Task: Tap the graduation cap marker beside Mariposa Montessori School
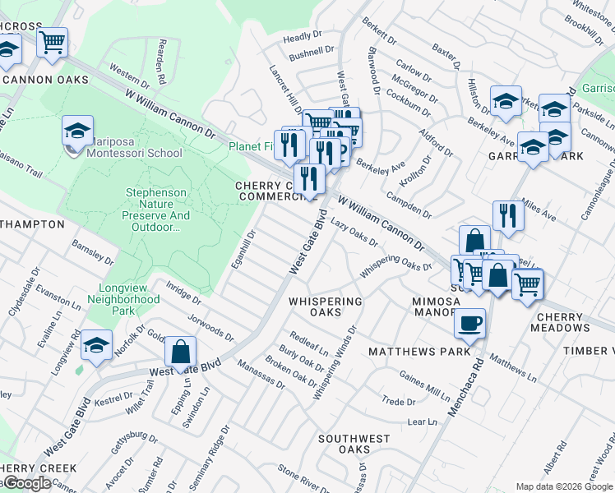[x=76, y=131]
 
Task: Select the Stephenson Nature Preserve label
[x=157, y=210]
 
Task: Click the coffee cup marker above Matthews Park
[x=470, y=325]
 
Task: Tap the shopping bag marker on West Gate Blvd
[x=180, y=353]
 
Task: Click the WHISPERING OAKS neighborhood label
[x=326, y=306]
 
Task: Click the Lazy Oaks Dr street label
[x=354, y=232]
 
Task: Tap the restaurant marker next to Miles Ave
[x=508, y=216]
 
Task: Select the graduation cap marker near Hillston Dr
[x=505, y=102]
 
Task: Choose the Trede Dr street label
[x=398, y=402]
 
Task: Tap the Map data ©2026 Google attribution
[x=564, y=486]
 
